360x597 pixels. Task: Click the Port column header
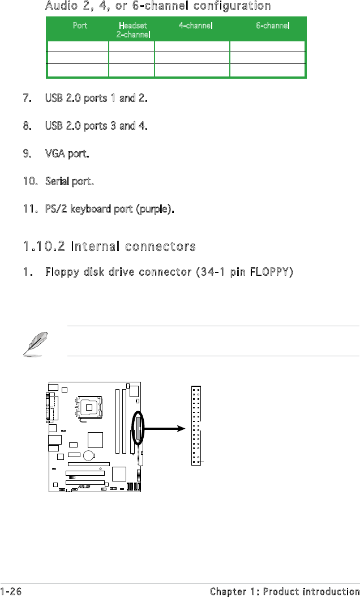(x=80, y=26)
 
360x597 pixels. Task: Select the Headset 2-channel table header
(x=133, y=30)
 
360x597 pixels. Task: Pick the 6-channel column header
(x=273, y=26)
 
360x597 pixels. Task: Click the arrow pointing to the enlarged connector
(x=165, y=428)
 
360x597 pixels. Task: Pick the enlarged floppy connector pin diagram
(x=196, y=426)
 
